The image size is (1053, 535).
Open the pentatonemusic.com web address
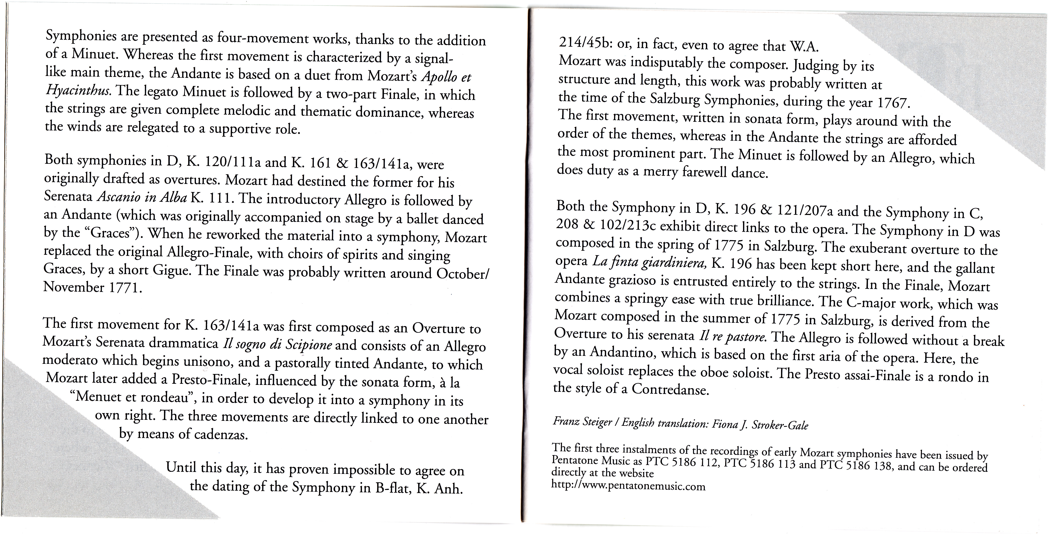[x=628, y=486]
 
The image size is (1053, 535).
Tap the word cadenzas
[x=221, y=434]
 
